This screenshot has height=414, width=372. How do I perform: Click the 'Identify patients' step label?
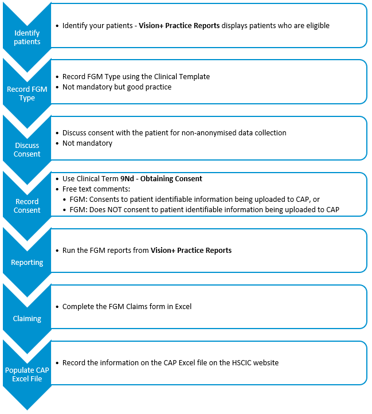[x=27, y=37]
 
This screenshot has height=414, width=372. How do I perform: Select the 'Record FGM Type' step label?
[x=27, y=93]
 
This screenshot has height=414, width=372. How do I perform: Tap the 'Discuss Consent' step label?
[x=27, y=150]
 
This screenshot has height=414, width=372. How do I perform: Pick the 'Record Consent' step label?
[x=27, y=206]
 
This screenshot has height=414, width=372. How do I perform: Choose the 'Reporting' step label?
[x=27, y=263]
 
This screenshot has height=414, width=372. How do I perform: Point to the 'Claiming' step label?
[x=27, y=318]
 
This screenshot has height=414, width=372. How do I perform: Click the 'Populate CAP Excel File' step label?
[x=27, y=374]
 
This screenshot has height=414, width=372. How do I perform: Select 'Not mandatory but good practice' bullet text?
[x=117, y=87]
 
